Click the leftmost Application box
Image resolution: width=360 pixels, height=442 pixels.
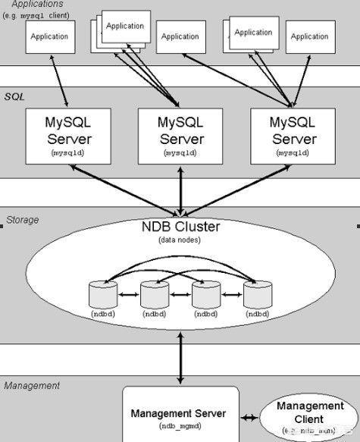coord(50,37)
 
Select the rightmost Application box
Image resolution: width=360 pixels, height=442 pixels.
coord(309,37)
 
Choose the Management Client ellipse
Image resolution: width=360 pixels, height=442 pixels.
coord(299,418)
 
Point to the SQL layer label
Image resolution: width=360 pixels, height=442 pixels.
coord(15,97)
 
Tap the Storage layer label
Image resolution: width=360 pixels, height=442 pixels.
coord(22,220)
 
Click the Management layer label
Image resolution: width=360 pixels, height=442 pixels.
coord(31,386)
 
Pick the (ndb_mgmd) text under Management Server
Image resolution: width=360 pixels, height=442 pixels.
coord(178,428)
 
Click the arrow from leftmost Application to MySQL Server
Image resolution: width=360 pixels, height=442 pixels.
coord(60,81)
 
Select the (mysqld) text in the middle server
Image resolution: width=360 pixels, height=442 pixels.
coord(180,152)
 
